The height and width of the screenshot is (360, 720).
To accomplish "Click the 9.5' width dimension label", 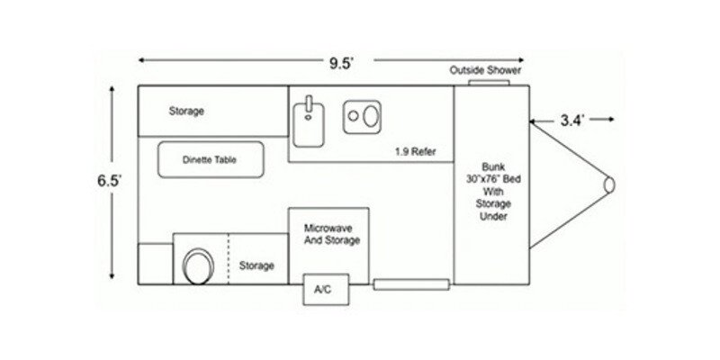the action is tap(341, 63).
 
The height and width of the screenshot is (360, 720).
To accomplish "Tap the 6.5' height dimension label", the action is tap(109, 181).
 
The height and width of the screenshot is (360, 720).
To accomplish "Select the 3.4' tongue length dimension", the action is tap(572, 121).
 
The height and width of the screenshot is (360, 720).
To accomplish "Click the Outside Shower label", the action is tap(485, 70).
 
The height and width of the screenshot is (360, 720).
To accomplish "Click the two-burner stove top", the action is tap(362, 117).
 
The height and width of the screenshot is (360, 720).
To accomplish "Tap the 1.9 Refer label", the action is tap(416, 151).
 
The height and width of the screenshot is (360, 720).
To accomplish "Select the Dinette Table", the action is tap(211, 159).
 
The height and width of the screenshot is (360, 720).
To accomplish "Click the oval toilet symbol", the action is tap(198, 266).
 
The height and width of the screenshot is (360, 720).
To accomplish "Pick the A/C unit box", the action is tap(326, 289).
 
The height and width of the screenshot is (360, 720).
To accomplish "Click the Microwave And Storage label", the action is tap(332, 234).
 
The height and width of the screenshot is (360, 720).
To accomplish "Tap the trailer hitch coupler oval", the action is tap(609, 184).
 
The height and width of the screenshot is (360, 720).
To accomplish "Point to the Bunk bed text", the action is tap(493, 191).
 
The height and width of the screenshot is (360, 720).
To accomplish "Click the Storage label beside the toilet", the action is tap(256, 265).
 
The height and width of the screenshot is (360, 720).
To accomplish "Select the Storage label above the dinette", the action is tap(186, 111).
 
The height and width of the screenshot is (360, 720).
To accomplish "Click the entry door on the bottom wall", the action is tap(411, 284).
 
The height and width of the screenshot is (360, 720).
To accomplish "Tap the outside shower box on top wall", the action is tap(489, 83).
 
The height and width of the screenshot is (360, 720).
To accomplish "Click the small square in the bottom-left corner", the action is tap(156, 264).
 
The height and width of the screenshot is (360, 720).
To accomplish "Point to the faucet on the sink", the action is tap(309, 103).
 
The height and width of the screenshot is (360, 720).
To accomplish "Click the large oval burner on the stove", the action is tap(371, 116).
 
